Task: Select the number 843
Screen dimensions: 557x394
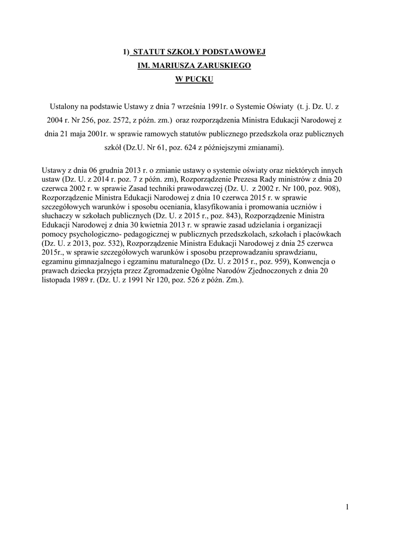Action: [x=208, y=216]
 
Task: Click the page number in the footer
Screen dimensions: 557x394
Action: [x=346, y=508]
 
